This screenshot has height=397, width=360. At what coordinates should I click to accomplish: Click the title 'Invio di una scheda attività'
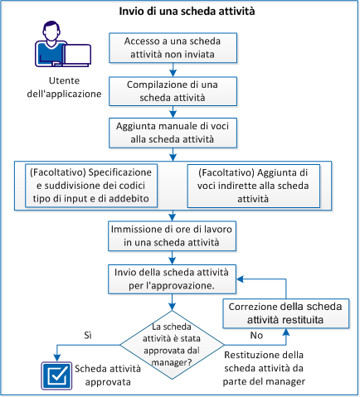181,12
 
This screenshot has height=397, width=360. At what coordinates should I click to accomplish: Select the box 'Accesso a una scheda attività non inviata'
173,49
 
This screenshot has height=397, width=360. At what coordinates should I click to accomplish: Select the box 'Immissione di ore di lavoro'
173,235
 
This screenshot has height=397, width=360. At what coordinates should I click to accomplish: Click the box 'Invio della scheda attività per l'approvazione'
173,278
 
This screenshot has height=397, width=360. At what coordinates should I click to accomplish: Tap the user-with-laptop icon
57,48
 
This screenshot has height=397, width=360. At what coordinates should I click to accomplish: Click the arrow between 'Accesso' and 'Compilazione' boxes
173,70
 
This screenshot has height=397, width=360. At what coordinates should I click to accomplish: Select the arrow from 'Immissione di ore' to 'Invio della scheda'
173,256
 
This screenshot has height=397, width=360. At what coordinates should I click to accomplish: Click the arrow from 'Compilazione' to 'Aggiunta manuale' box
173,113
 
